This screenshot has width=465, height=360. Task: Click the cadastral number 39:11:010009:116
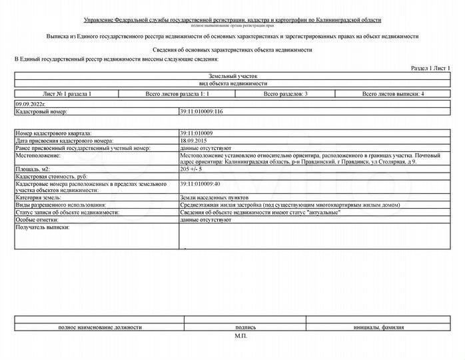coord(201,111)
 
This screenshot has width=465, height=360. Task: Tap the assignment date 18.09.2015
coord(194,141)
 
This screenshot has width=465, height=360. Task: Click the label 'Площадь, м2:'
coord(32,170)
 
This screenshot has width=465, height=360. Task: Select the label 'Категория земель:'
coord(39,198)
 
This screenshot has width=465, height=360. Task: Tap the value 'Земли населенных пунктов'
coord(214,198)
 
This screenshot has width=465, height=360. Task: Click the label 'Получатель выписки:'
coord(42,227)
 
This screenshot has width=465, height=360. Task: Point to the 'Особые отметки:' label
coord(36,219)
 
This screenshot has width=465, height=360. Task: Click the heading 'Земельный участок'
coord(232,77)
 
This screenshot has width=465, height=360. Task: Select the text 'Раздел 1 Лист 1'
coord(430,69)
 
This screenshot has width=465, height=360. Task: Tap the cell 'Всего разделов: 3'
coord(284,95)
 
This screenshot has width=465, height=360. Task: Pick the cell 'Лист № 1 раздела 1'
coord(67,95)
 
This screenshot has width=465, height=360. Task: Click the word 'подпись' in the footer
coord(245,327)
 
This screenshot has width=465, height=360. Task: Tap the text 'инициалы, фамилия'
coord(380,327)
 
